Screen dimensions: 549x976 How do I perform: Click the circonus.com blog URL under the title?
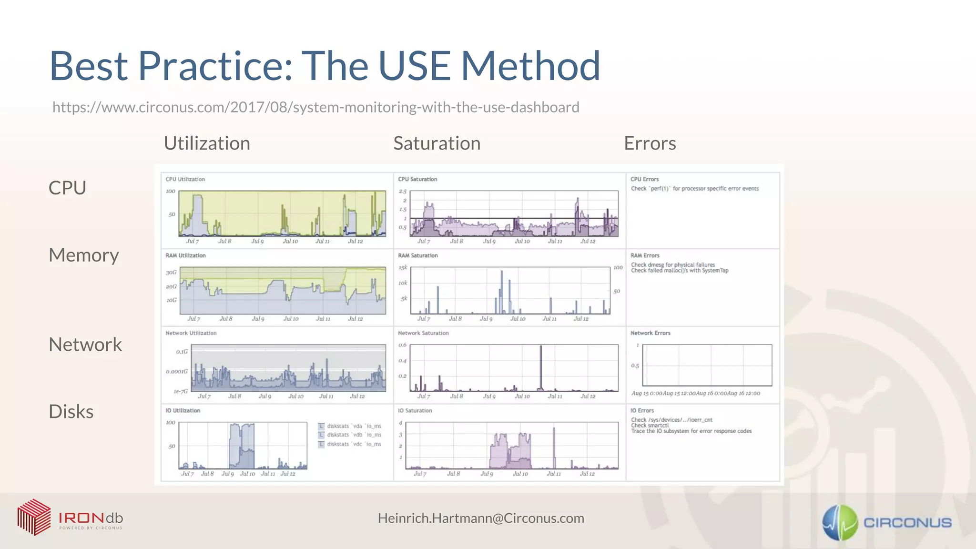(315, 107)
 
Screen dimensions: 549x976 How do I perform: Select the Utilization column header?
(207, 143)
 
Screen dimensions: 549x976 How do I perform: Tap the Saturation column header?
(437, 143)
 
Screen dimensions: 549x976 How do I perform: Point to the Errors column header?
(650, 143)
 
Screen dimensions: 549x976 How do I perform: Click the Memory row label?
(84, 255)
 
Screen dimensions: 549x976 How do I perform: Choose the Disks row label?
(71, 412)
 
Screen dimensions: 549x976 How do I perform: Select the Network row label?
(85, 345)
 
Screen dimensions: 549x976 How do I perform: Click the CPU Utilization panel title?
(185, 179)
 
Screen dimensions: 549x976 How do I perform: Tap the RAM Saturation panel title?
(417, 255)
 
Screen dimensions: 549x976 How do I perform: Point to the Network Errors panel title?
(650, 333)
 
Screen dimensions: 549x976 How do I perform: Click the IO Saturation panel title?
(415, 410)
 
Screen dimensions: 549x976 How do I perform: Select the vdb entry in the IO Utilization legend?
(354, 435)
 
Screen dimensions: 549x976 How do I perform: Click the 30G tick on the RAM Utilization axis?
(171, 273)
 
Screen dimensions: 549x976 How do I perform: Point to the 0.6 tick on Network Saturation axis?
(403, 345)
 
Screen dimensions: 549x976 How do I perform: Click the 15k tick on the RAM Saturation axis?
(403, 268)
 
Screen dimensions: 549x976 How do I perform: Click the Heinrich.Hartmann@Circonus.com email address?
(481, 518)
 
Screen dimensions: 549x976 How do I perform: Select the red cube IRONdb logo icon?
(34, 517)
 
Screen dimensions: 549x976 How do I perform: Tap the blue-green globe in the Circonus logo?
(840, 523)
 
